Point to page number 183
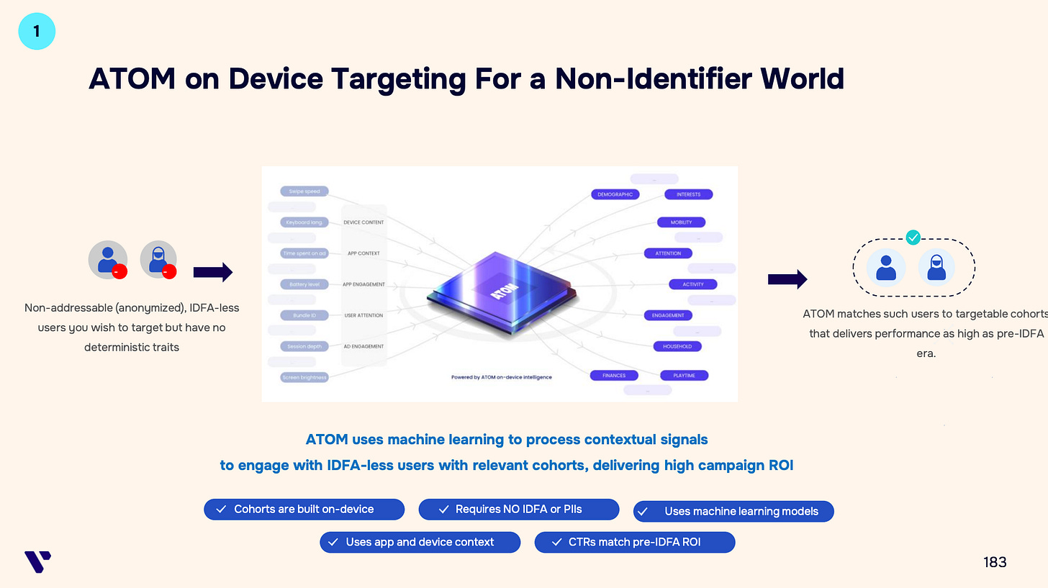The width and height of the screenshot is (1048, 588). point(995,562)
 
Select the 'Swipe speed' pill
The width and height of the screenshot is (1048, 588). point(304,191)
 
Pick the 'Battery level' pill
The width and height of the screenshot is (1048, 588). point(304,284)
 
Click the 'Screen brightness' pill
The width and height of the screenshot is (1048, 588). point(304,377)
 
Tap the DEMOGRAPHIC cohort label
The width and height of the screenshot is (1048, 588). point(616,194)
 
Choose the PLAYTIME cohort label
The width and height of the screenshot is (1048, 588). point(685,375)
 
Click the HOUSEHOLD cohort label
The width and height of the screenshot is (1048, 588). point(677,346)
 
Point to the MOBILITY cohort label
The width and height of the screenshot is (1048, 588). point(681,222)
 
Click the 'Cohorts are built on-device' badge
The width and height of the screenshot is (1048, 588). point(304,510)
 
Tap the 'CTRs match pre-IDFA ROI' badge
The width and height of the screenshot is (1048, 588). point(634,542)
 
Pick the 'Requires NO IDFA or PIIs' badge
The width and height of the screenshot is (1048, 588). point(518,510)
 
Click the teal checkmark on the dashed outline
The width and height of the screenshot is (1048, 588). point(913,237)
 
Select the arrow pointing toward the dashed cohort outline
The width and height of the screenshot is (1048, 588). point(787,279)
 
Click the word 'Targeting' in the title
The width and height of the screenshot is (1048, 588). point(397,78)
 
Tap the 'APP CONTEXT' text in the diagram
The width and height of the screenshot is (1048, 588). point(363,253)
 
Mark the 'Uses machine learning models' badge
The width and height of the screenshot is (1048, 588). point(733,512)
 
